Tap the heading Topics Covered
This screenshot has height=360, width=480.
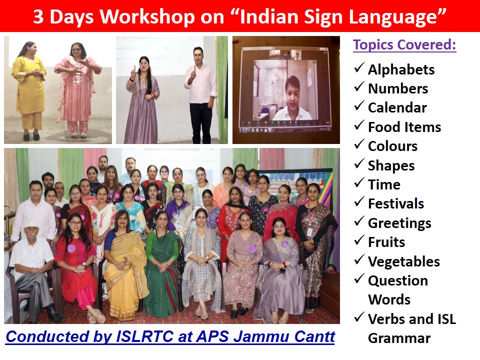click(x=404, y=44)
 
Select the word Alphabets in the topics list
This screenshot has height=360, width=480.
click(x=401, y=69)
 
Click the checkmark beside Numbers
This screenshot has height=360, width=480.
click(x=359, y=87)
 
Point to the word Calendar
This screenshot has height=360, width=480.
click(x=397, y=108)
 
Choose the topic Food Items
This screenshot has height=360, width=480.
click(x=404, y=127)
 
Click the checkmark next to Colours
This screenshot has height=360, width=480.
click(x=359, y=144)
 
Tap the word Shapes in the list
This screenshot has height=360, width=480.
click(x=391, y=165)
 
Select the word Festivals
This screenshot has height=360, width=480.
click(x=396, y=203)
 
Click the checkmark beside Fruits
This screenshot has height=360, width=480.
click(x=359, y=240)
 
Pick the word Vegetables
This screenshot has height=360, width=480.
click(x=404, y=261)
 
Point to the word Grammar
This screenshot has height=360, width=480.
click(x=399, y=338)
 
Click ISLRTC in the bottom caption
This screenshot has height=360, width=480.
click(x=145, y=336)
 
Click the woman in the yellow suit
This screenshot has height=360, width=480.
click(x=29, y=90)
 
